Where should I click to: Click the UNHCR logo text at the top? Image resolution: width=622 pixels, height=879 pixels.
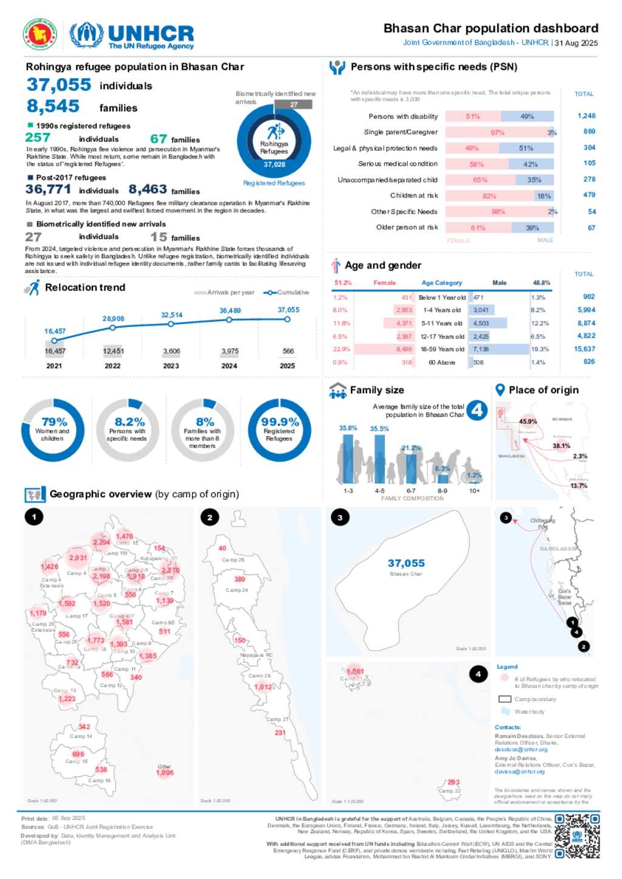[x=151, y=34]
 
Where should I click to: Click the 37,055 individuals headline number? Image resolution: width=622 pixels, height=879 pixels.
[x=59, y=85]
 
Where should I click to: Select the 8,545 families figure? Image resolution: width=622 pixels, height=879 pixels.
[x=53, y=106]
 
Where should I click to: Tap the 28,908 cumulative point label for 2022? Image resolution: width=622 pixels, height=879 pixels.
[x=113, y=319]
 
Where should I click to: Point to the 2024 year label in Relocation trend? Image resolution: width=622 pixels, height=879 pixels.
[x=229, y=366]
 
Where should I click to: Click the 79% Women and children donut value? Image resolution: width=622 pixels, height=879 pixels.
[x=54, y=422]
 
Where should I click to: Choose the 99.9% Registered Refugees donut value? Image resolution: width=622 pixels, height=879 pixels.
[x=279, y=422]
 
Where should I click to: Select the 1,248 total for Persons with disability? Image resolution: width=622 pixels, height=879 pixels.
[x=586, y=116]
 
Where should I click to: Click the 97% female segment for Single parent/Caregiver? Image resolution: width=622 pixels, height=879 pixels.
[x=497, y=132]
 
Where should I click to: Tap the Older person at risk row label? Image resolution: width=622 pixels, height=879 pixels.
[x=406, y=228]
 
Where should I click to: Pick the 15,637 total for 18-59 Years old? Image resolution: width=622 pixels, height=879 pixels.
[x=584, y=349]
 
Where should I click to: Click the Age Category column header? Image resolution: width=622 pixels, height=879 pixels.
[x=442, y=283]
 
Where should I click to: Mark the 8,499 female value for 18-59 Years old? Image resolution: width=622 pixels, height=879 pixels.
[x=404, y=349]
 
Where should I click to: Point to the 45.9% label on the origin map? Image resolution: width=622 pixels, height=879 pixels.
[x=528, y=421]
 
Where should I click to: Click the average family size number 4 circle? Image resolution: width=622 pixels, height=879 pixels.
[x=477, y=410]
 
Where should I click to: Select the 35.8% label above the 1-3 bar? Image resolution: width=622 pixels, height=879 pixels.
[x=348, y=428]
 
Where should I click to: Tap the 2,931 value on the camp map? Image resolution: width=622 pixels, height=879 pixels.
[x=78, y=558]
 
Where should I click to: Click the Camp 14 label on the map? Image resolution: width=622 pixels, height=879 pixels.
[x=81, y=736]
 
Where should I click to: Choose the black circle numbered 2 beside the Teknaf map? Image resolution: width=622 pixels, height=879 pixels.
[x=210, y=517]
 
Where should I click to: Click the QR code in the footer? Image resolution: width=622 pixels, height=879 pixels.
[x=577, y=836]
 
